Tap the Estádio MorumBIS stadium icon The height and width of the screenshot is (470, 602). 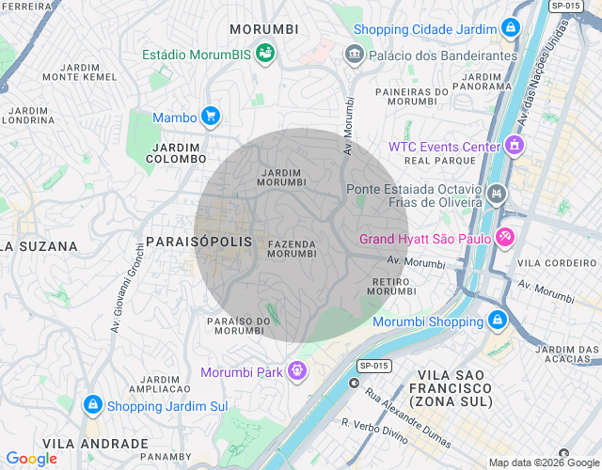click(x=266, y=54)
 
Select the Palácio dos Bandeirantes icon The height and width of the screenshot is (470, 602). click(x=355, y=55)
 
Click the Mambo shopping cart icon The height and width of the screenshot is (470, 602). click(x=211, y=117)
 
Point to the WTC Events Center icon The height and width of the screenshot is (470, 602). click(x=514, y=147)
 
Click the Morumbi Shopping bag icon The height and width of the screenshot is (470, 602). click(x=498, y=321)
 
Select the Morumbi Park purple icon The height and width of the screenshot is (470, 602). click(x=297, y=371)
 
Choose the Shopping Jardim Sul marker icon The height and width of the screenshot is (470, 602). click(x=92, y=405)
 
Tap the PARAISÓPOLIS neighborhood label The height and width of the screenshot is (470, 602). click(x=199, y=242)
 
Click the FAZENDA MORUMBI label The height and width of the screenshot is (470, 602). click(x=292, y=249)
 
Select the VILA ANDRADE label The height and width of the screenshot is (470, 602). click(x=96, y=444)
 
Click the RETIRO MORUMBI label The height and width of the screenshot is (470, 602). click(x=391, y=286)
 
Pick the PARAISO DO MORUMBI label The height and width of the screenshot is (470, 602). click(x=239, y=325)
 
